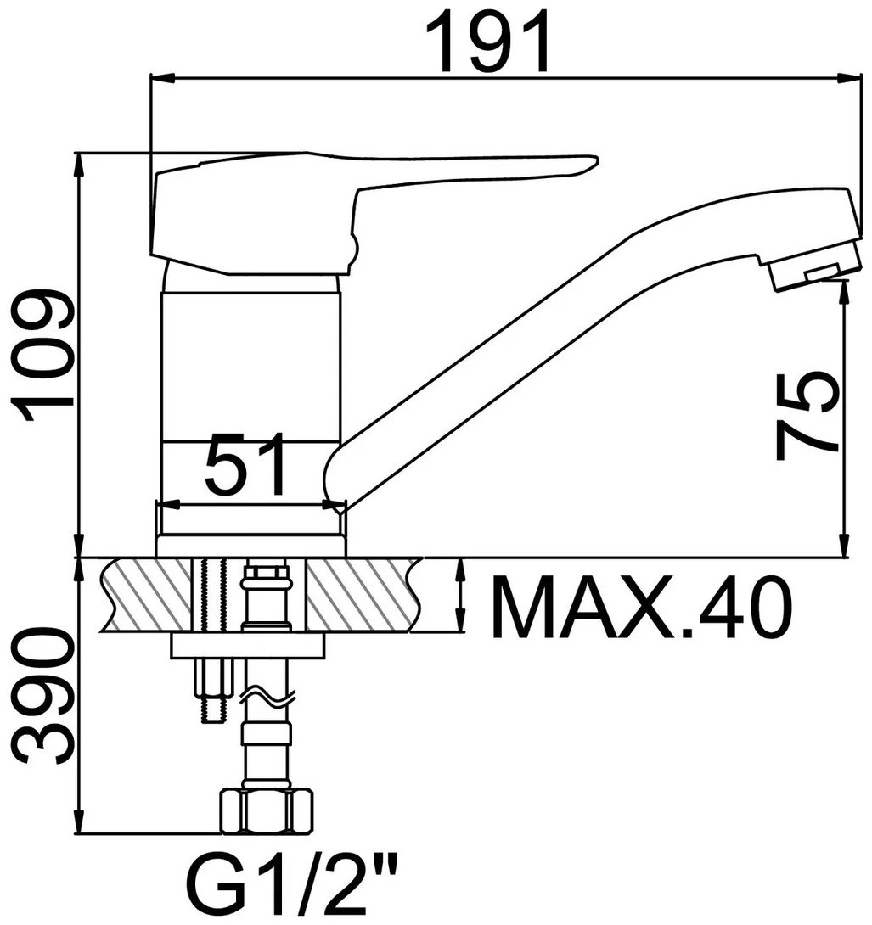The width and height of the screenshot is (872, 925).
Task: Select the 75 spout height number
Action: tap(807, 416)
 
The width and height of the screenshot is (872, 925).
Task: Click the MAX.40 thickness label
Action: tap(640, 608)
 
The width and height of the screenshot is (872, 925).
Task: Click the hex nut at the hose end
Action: tap(267, 812)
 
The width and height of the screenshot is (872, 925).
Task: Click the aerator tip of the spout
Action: tap(815, 268)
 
